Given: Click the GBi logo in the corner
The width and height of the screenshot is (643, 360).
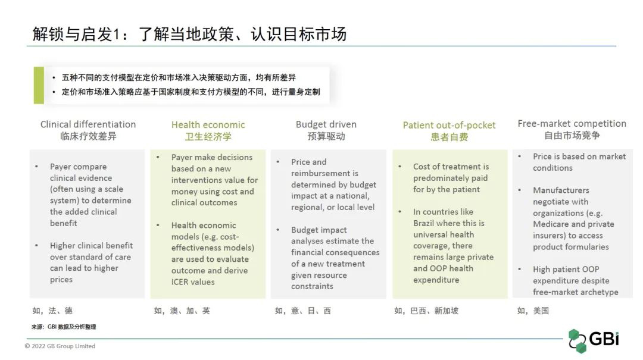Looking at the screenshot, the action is (594, 340).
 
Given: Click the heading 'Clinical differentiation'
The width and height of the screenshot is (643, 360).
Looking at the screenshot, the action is (88, 124).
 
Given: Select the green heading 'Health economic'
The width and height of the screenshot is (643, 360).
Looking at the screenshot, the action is (208, 124).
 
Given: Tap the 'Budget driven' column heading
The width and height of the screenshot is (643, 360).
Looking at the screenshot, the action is (326, 124).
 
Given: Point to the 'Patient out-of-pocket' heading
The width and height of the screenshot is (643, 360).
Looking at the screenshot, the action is (449, 125).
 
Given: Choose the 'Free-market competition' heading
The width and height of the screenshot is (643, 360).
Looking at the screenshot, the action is (572, 123).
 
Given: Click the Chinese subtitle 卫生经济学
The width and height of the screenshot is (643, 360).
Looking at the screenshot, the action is (208, 136).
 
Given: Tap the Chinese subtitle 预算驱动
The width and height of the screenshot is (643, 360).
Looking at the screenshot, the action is (326, 136).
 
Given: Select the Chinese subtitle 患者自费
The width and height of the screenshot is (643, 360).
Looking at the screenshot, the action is (449, 137).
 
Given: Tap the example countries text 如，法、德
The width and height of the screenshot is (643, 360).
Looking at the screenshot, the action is (52, 311).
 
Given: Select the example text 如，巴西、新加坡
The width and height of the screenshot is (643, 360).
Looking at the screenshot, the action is (426, 311).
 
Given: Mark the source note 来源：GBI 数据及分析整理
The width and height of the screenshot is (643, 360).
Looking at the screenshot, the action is (64, 327).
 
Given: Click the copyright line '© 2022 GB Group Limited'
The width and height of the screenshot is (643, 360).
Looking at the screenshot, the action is (60, 346).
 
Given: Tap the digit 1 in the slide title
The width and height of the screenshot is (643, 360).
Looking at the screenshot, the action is (117, 35).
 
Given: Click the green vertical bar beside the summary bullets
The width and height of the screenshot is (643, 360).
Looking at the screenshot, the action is (39, 85).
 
